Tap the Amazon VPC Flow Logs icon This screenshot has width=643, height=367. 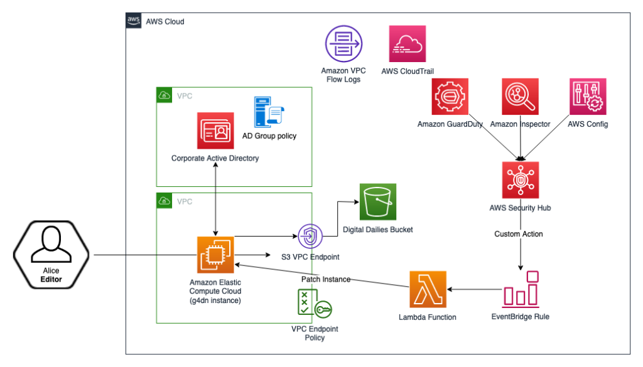tap(343, 43)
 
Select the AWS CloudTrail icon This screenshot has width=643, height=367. tap(408, 44)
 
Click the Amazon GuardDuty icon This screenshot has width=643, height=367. tap(450, 97)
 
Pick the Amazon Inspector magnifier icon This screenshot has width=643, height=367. tap(520, 97)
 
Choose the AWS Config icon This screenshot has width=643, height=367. tap(587, 97)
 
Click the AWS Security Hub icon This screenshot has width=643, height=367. tap(520, 180)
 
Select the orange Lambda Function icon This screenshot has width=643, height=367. tap(427, 289)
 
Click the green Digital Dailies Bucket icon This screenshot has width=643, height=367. tap(378, 202)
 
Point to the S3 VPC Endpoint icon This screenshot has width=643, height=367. tap(310, 237)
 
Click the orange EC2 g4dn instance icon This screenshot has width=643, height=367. tap(215, 255)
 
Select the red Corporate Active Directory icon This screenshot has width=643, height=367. tap(215, 130)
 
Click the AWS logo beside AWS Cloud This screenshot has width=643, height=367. tap(134, 21)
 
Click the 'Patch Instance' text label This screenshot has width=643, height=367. tap(325, 279)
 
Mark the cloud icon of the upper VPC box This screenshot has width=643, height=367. tap(164, 95)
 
